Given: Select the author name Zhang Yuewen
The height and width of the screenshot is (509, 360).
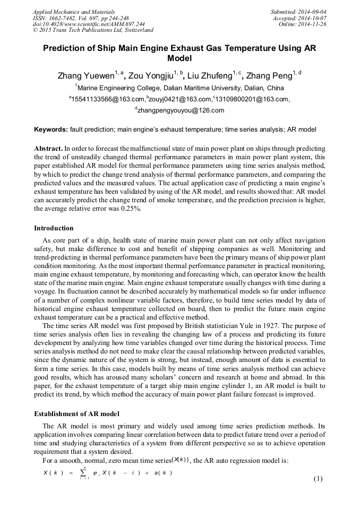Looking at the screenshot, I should click(85, 75).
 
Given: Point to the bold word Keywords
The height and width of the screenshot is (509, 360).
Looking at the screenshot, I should click(51, 129).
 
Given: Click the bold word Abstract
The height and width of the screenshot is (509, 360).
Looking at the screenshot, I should click(48, 149).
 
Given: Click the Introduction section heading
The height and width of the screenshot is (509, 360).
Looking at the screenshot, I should click(54, 228).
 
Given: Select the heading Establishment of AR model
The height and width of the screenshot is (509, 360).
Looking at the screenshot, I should click(76, 413).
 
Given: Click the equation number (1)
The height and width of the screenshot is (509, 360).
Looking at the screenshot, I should click(318, 479).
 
